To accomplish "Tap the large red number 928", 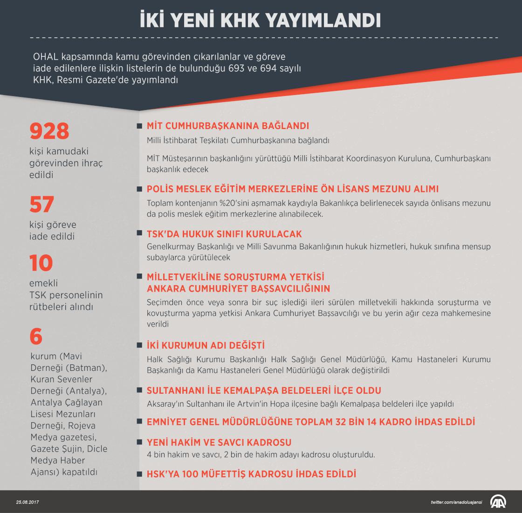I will pos(49,131).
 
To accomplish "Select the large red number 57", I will pos(42,205).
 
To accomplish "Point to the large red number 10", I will pos(41,263).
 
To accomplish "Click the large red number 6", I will pos(35,336).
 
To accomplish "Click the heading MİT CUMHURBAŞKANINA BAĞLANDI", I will pos(228,126).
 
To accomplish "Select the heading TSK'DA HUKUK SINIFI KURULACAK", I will pos(224,234).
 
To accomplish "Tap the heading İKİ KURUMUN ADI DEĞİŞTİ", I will pos(206,346).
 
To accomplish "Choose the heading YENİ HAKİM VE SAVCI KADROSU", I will pos(219,442).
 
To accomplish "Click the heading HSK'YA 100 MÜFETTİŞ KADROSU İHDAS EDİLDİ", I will pos(251,474).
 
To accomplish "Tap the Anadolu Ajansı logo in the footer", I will pos(499,501).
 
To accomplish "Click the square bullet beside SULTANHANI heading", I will pos(139,390).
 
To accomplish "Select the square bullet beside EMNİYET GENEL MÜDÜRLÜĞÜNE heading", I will pos(139,422).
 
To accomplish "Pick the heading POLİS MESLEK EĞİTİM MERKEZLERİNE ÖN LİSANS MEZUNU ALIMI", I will pos(293,189).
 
